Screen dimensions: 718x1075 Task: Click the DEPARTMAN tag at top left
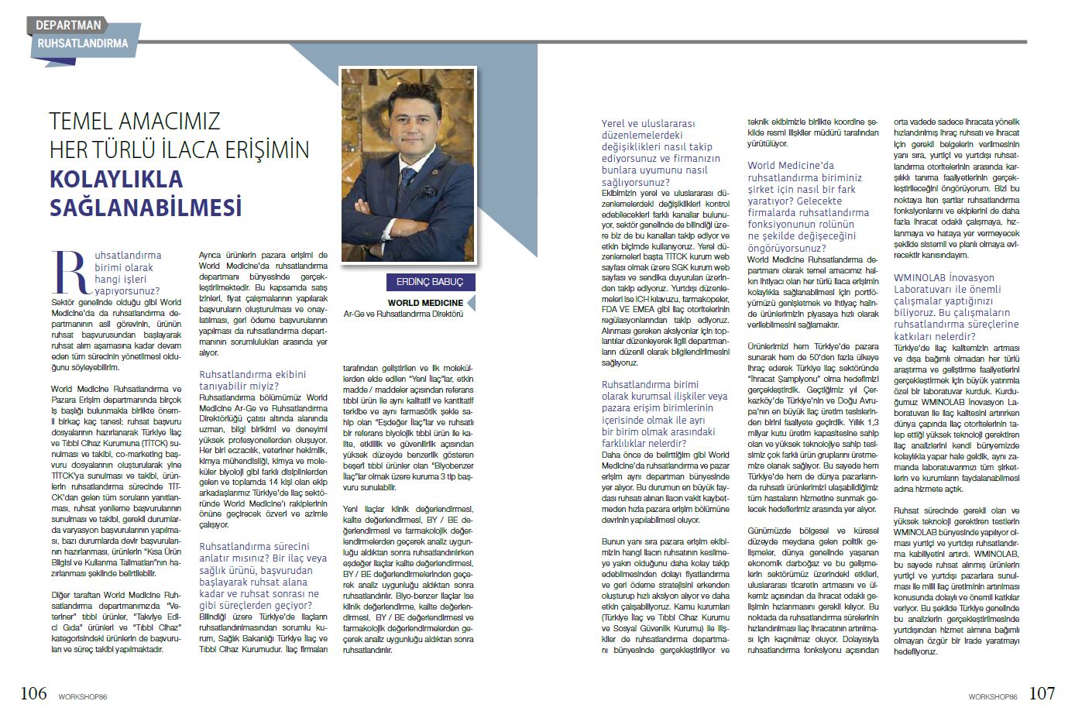[x=68, y=25]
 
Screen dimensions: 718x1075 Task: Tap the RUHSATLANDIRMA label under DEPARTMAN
[x=82, y=43]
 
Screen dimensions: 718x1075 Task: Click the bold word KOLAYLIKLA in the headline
[x=116, y=179]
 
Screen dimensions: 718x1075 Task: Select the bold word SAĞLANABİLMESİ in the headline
[x=146, y=208]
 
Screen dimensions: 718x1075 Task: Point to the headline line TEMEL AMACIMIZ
[x=135, y=121]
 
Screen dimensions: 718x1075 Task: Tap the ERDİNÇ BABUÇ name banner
[x=430, y=282]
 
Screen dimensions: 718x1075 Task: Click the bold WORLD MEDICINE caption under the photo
[x=425, y=303]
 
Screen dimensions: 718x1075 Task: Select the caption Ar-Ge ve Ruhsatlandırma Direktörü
[x=404, y=314]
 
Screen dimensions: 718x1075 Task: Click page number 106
[x=33, y=693]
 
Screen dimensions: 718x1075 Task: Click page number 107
[x=1042, y=693]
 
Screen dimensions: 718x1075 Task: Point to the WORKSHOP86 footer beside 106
[x=82, y=697]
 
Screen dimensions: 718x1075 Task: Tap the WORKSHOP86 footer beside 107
[x=992, y=697]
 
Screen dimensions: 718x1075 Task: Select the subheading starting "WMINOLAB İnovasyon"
[x=956, y=307]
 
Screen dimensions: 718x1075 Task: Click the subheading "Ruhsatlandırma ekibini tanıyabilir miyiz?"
[x=252, y=380]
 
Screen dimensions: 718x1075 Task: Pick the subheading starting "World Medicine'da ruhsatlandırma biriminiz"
[x=808, y=206]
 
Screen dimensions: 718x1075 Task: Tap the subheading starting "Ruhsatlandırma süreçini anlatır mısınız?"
[x=262, y=575]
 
